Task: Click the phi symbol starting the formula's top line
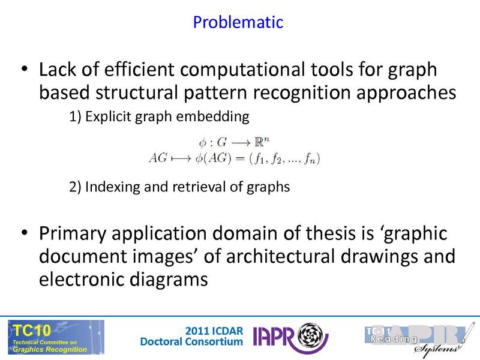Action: point(200,144)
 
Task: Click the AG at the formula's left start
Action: point(158,158)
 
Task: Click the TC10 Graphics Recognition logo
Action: point(56,337)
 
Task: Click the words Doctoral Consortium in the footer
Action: point(191,342)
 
